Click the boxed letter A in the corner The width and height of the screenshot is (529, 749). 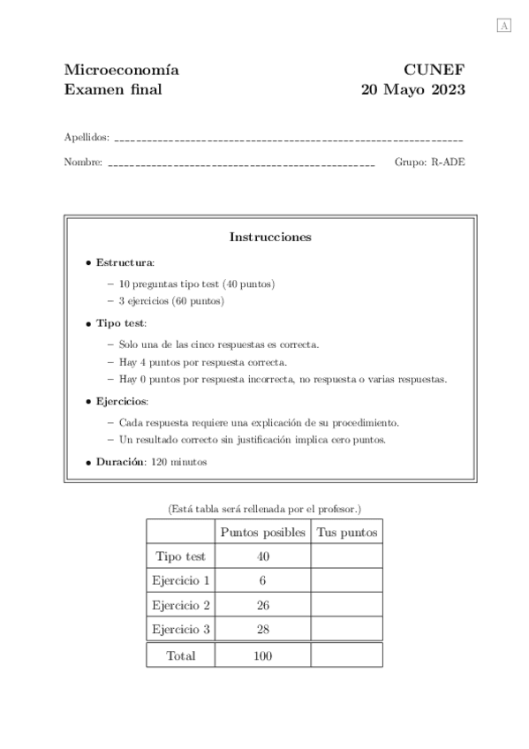tap(504, 26)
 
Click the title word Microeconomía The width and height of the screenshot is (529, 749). tap(122, 70)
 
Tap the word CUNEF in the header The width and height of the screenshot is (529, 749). tap(435, 70)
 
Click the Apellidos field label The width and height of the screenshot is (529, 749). tap(87, 138)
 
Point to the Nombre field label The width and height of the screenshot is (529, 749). tap(83, 163)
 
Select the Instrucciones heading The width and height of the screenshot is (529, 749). tap(270, 237)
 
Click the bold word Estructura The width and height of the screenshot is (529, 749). tap(125, 263)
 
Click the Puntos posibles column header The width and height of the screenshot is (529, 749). tap(263, 533)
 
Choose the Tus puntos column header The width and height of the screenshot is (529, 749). tap(346, 533)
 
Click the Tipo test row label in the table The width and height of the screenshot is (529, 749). tap(180, 556)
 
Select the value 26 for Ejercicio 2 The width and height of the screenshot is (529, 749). tap(263, 605)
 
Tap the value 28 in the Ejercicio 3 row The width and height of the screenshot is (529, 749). tap(263, 629)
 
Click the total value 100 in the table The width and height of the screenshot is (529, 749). tap(263, 655)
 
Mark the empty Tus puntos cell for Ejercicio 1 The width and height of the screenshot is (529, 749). tap(346, 580)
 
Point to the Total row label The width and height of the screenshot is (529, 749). tap(180, 655)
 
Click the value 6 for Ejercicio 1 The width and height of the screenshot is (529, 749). tap(263, 580)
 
